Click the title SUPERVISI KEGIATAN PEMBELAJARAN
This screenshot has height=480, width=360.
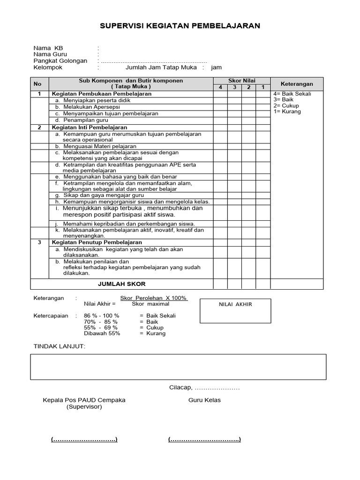[x=180, y=26]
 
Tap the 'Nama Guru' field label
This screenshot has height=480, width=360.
[x=50, y=54]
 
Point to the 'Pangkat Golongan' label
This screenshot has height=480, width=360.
[x=60, y=61]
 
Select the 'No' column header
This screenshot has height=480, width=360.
[x=37, y=84]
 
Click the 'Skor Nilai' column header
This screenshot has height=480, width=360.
[x=241, y=81]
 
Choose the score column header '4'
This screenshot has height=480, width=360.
[x=220, y=87]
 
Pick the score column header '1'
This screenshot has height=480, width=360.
[x=263, y=87]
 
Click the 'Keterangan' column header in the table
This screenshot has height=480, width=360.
[x=297, y=84]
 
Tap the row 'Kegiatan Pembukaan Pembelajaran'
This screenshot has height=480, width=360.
[x=101, y=94]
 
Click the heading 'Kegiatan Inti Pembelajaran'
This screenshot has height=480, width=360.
[x=89, y=127]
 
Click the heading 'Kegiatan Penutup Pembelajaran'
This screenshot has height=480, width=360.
[x=97, y=242]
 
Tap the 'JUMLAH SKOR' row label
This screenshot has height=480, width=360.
[x=121, y=284]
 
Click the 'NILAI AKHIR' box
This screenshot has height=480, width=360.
[x=235, y=310]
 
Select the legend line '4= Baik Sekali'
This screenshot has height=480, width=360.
[x=292, y=94]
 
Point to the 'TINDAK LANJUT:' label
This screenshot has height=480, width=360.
[x=60, y=346]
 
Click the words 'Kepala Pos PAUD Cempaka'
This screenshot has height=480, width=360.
[x=84, y=400]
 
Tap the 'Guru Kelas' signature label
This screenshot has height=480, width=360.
[x=204, y=400]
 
